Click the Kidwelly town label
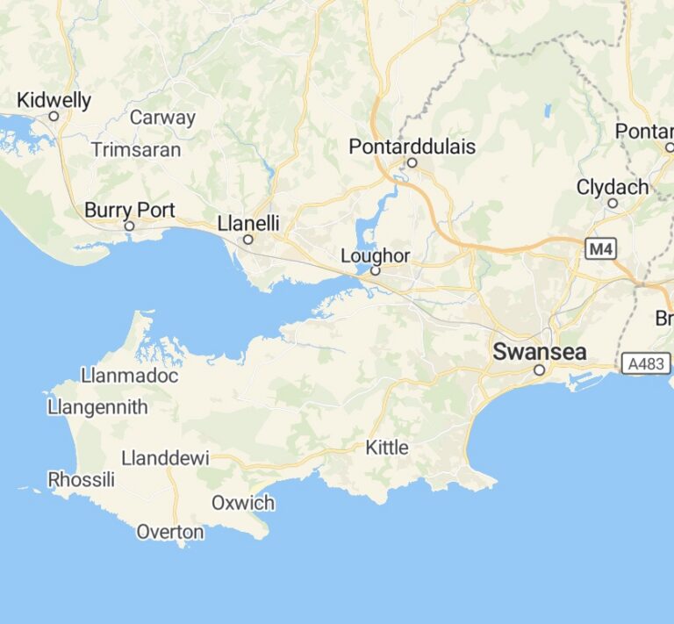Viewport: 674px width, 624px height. click(x=54, y=100)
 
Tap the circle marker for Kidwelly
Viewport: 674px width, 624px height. click(x=54, y=116)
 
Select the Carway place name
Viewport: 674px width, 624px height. click(x=162, y=118)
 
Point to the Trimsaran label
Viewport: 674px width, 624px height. click(x=136, y=150)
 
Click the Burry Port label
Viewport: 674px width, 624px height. click(x=130, y=211)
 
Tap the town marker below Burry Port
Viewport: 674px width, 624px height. click(x=129, y=226)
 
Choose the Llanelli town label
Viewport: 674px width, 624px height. click(x=248, y=224)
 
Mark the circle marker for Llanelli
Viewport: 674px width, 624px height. click(x=248, y=239)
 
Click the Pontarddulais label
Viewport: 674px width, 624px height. click(x=412, y=147)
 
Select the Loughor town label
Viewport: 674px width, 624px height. click(x=375, y=256)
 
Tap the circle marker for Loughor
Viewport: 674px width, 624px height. click(x=375, y=271)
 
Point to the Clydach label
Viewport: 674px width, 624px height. click(x=613, y=187)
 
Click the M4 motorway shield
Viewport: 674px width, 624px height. click(x=600, y=250)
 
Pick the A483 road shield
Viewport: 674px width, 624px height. click(x=645, y=362)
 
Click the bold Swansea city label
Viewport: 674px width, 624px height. click(x=539, y=352)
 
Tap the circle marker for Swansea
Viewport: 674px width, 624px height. click(x=539, y=370)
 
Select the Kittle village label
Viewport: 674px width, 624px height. click(x=387, y=448)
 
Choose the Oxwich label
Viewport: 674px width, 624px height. click(x=243, y=503)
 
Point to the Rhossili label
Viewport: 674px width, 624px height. click(x=82, y=479)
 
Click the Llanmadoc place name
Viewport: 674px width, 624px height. click(x=129, y=376)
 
